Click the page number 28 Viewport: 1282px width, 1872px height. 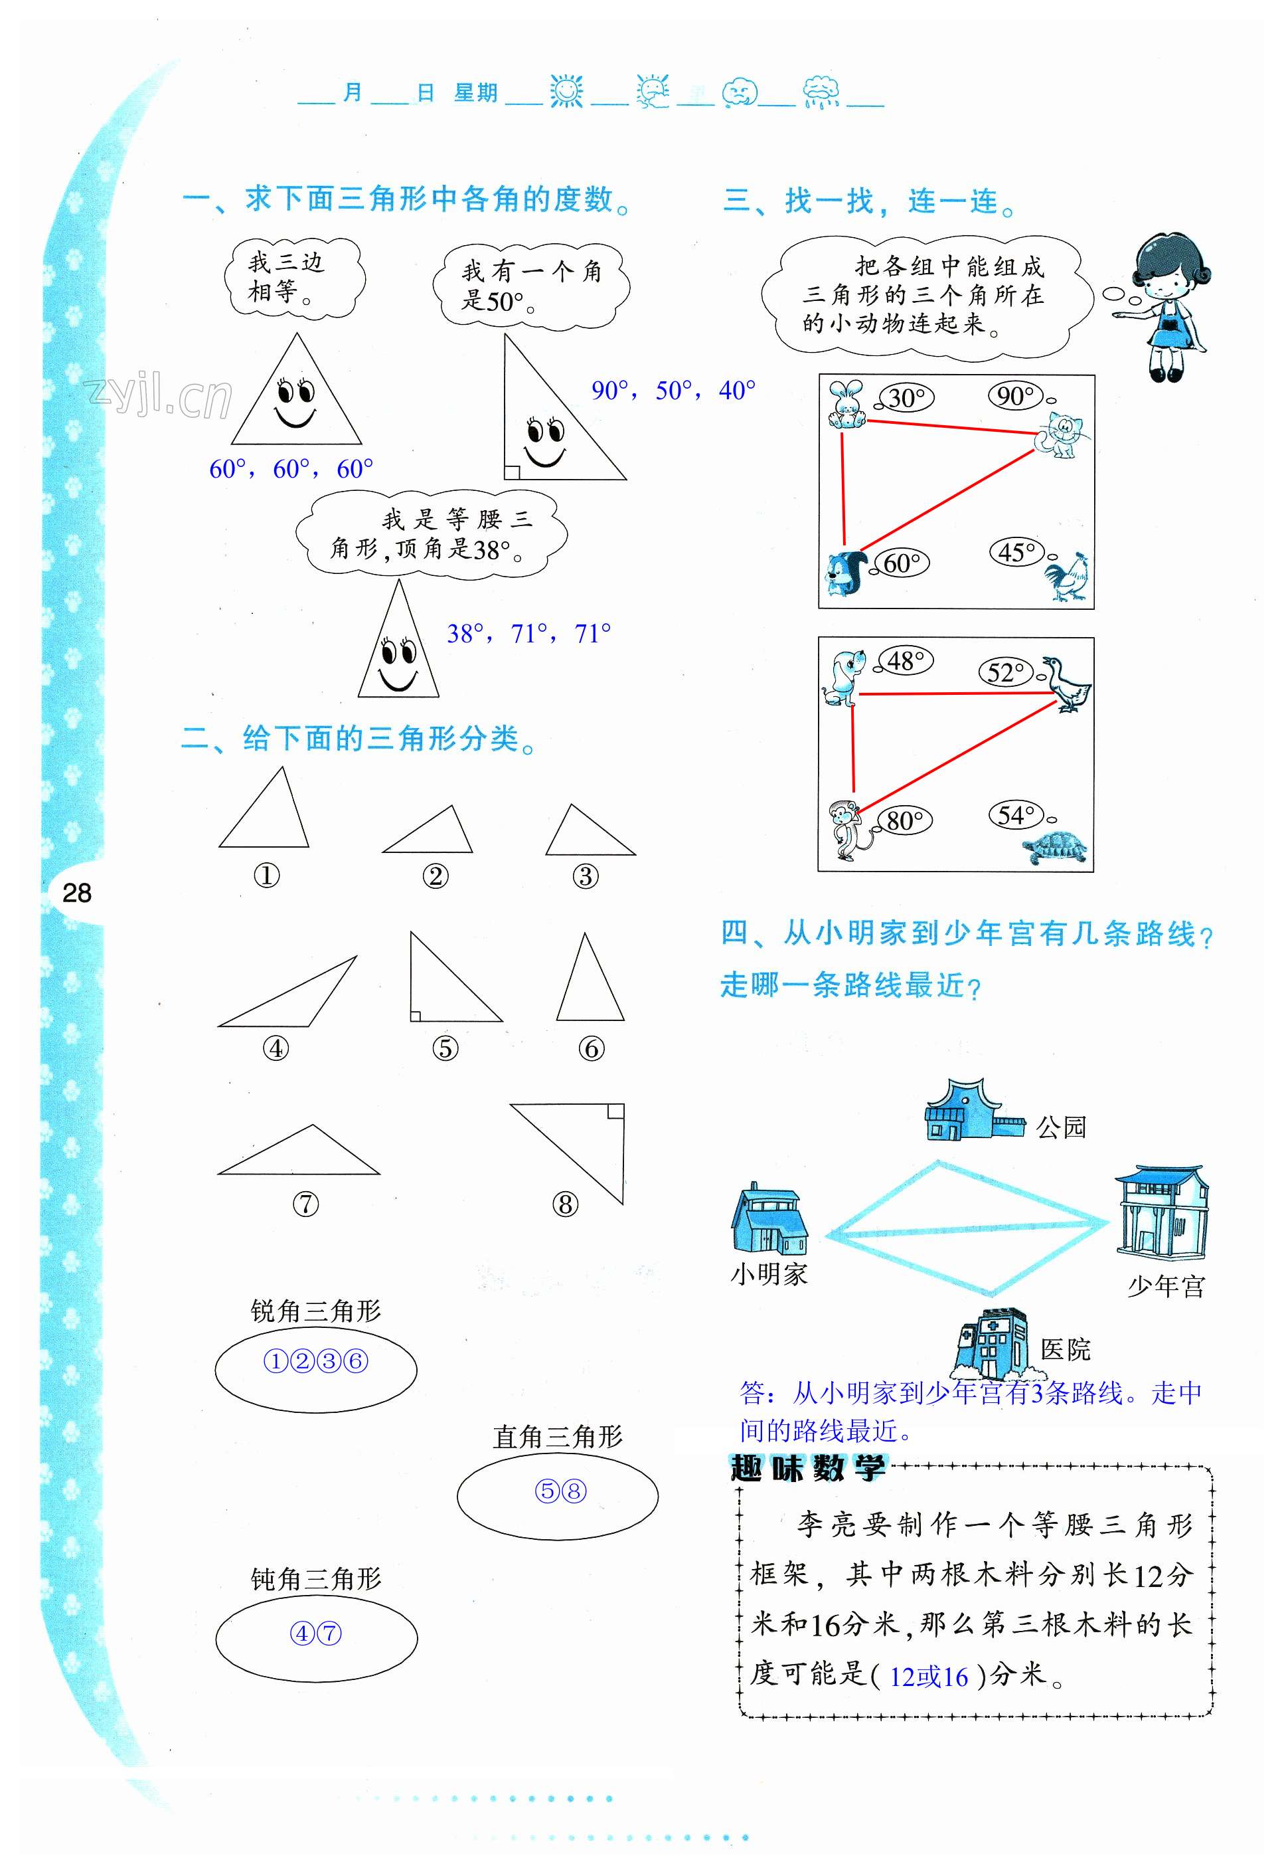(76, 893)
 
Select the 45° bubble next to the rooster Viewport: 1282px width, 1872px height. (1016, 553)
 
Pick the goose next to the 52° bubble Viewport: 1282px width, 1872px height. (1067, 685)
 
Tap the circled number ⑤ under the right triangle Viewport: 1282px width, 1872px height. (445, 1048)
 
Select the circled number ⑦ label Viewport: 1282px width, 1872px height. (305, 1204)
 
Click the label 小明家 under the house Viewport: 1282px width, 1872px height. (768, 1274)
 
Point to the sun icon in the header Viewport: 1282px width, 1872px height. (566, 92)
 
